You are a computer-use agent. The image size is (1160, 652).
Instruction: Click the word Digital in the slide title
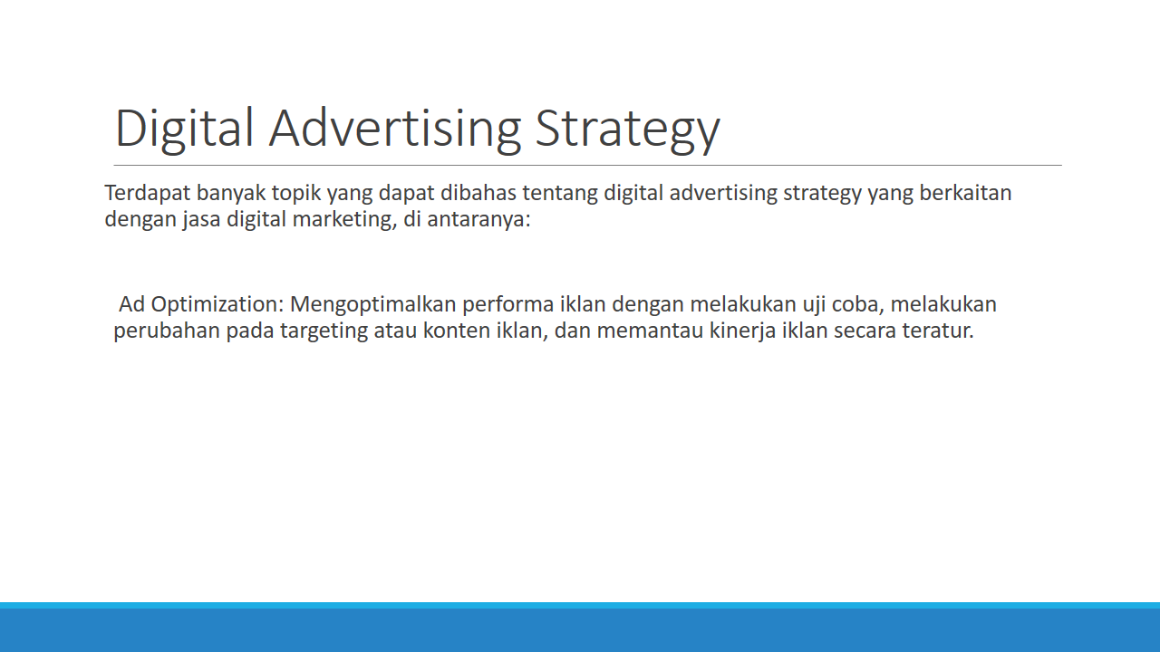[x=184, y=129]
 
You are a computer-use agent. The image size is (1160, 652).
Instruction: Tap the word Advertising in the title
[x=394, y=129]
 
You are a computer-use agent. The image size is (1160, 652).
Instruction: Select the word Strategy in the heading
[x=627, y=129]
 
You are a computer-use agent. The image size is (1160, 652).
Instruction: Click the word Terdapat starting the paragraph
[x=148, y=193]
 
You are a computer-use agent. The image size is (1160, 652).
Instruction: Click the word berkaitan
[x=965, y=193]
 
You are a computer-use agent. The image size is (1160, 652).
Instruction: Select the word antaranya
[x=478, y=220]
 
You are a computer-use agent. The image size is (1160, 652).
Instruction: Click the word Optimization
[x=217, y=305]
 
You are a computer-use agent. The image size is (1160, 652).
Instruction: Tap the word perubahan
[x=167, y=331]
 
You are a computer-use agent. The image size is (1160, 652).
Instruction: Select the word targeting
[x=324, y=331]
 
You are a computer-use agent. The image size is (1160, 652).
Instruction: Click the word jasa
[x=201, y=220]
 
